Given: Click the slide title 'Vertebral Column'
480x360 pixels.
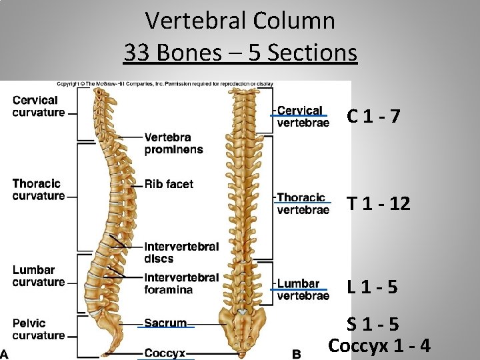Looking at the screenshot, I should [240, 21].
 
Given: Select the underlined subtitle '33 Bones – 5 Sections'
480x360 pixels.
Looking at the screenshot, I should [240, 52].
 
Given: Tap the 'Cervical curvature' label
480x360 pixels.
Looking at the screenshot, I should [39, 107].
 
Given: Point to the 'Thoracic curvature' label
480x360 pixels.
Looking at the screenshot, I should [39, 190].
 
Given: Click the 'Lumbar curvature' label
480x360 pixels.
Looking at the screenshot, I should [39, 276].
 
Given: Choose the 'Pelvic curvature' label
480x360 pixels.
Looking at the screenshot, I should [39, 329].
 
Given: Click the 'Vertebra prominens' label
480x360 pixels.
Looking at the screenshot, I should [173, 143].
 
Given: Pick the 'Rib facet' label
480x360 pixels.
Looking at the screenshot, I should [169, 184].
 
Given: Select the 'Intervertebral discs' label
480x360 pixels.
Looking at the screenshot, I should [181, 253].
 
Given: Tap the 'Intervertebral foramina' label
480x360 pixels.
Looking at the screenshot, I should [181, 283].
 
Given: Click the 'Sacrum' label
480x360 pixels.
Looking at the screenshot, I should [165, 323].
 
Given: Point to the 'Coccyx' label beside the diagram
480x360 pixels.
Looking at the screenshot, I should [165, 353].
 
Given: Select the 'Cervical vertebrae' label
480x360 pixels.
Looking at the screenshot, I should [303, 116].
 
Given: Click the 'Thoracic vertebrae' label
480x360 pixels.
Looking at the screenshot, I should [303, 203].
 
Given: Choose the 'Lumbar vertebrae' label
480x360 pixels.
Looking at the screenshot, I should [303, 290].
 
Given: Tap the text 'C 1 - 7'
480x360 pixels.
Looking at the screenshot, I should [373, 117].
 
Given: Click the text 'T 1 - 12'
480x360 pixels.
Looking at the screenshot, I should [378, 203].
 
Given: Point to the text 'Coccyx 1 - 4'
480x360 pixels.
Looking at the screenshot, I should [379, 346].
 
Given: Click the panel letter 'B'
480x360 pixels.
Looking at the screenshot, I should [297, 355].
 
